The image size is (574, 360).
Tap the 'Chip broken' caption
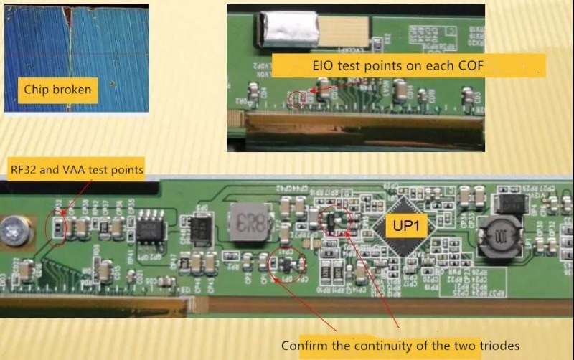click(x=57, y=90)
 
